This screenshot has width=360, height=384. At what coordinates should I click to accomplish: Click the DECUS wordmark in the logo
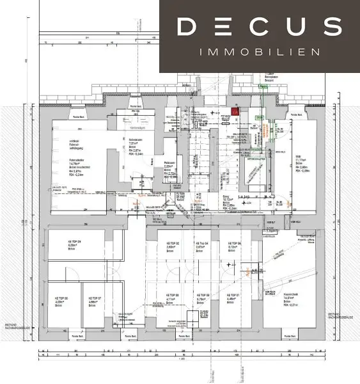coord(259,27)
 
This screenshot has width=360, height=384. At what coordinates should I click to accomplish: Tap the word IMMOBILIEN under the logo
coord(259,51)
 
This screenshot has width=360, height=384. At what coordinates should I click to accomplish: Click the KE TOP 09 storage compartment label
coord(72,242)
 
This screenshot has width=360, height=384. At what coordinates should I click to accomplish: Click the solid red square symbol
coord(236,112)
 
